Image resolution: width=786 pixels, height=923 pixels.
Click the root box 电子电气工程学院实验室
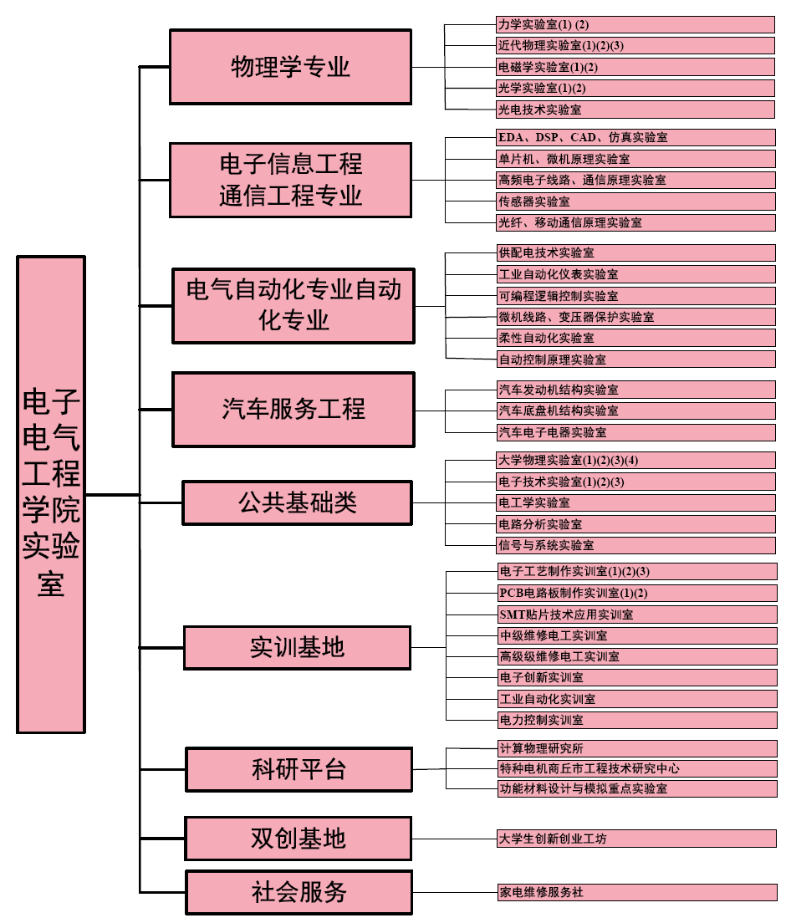51,494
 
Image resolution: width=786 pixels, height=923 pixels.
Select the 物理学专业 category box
290,67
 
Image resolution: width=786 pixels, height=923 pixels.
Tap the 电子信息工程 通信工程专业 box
290,180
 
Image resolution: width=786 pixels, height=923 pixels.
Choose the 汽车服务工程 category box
293,409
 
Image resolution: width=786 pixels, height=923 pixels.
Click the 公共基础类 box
297,502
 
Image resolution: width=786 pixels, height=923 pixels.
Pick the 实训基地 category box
297,647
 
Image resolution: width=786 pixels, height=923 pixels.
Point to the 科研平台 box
299,769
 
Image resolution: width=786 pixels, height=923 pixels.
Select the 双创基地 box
299,839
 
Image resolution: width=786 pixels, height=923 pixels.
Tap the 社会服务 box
299,892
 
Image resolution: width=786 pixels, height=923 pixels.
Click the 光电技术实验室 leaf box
635,110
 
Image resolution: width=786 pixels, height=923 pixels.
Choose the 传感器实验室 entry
635,201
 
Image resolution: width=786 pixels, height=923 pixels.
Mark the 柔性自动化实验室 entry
635,338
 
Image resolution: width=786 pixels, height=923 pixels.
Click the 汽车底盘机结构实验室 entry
635,411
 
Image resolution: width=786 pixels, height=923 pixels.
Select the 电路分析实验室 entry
635,524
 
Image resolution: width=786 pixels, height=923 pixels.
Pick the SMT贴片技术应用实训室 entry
636,614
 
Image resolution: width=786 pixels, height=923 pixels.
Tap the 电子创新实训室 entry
636,677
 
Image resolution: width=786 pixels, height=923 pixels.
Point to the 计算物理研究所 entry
636,748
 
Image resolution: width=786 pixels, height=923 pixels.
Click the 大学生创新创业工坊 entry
636,839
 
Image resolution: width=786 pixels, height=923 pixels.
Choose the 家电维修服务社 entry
636,892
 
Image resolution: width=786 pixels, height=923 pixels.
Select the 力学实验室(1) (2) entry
635,24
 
